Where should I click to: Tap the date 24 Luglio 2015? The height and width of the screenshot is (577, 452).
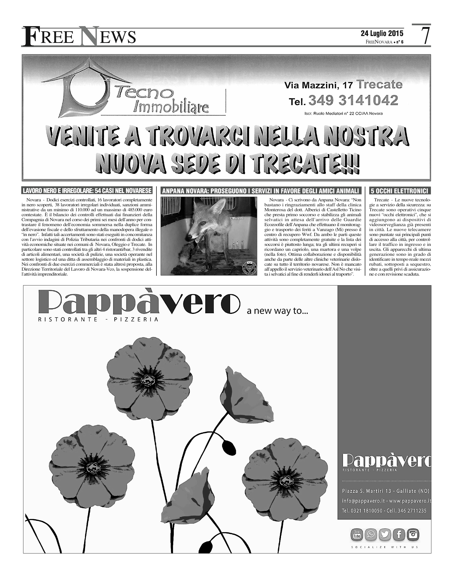(x=382, y=34)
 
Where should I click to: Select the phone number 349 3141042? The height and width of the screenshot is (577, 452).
(x=353, y=101)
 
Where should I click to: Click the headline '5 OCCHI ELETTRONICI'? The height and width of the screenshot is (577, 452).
(x=399, y=191)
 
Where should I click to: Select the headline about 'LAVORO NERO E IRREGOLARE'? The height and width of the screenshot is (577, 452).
(x=87, y=191)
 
